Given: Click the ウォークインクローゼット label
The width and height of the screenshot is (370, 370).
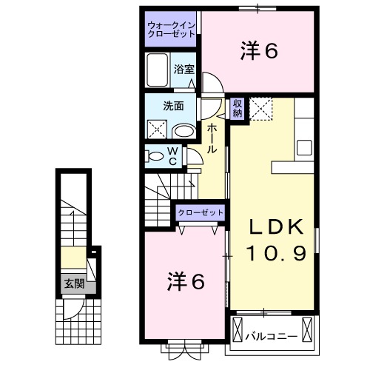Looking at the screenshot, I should (171, 30).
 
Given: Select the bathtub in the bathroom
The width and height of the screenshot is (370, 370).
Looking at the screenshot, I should (158, 72).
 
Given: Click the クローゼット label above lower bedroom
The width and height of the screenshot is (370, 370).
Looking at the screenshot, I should (201, 213).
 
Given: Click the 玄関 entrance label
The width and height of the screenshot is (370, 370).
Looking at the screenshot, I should (73, 283).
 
